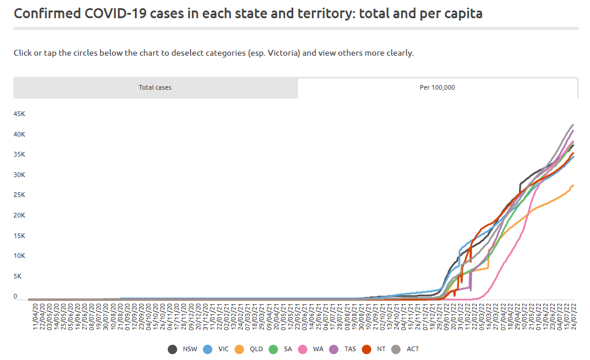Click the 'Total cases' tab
(155, 87)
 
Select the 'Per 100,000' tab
(438, 87)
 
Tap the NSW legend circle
(172, 349)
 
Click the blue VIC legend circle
(208, 349)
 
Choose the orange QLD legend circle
(239, 349)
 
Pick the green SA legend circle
(273, 349)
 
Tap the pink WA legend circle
(303, 349)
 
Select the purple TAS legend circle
(334, 349)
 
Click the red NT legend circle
(367, 349)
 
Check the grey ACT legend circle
(396, 349)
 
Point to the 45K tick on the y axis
(19, 114)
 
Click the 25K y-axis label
(19, 195)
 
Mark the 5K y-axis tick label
(18, 277)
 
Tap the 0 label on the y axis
(15, 297)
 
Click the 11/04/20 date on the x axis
(35, 317)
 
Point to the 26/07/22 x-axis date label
(574, 317)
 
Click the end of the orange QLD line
(574, 185)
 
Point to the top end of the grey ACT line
(574, 124)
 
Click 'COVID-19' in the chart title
(115, 13)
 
